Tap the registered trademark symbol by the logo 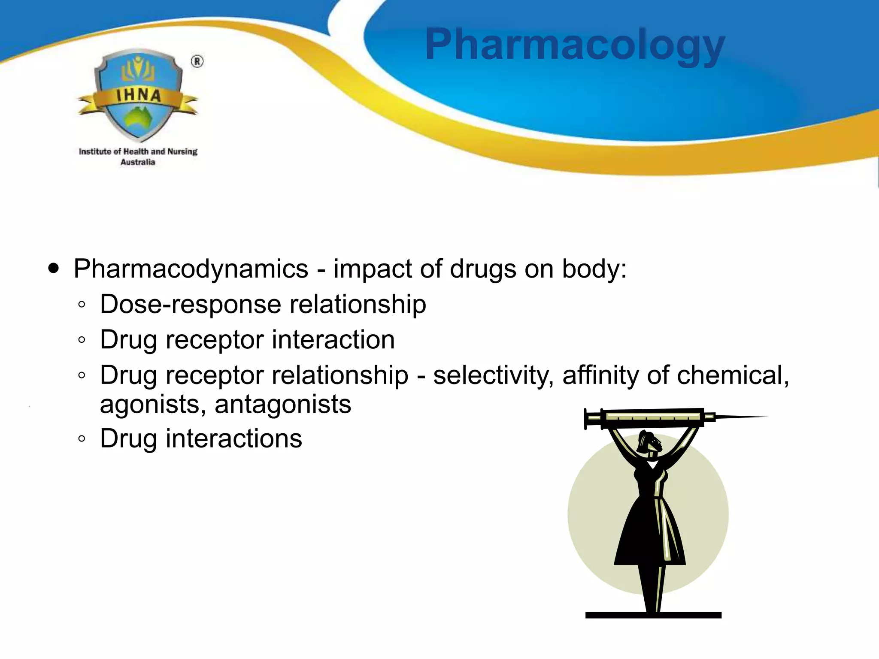[197, 62]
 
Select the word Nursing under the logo [182, 151]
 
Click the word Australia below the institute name [138, 162]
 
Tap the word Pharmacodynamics [191, 269]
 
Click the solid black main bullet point [54, 269]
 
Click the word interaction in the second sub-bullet [333, 340]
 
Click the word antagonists [283, 404]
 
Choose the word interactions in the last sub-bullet [234, 438]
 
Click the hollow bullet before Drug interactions [82, 439]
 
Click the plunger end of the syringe [587, 418]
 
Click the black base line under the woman [653, 615]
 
